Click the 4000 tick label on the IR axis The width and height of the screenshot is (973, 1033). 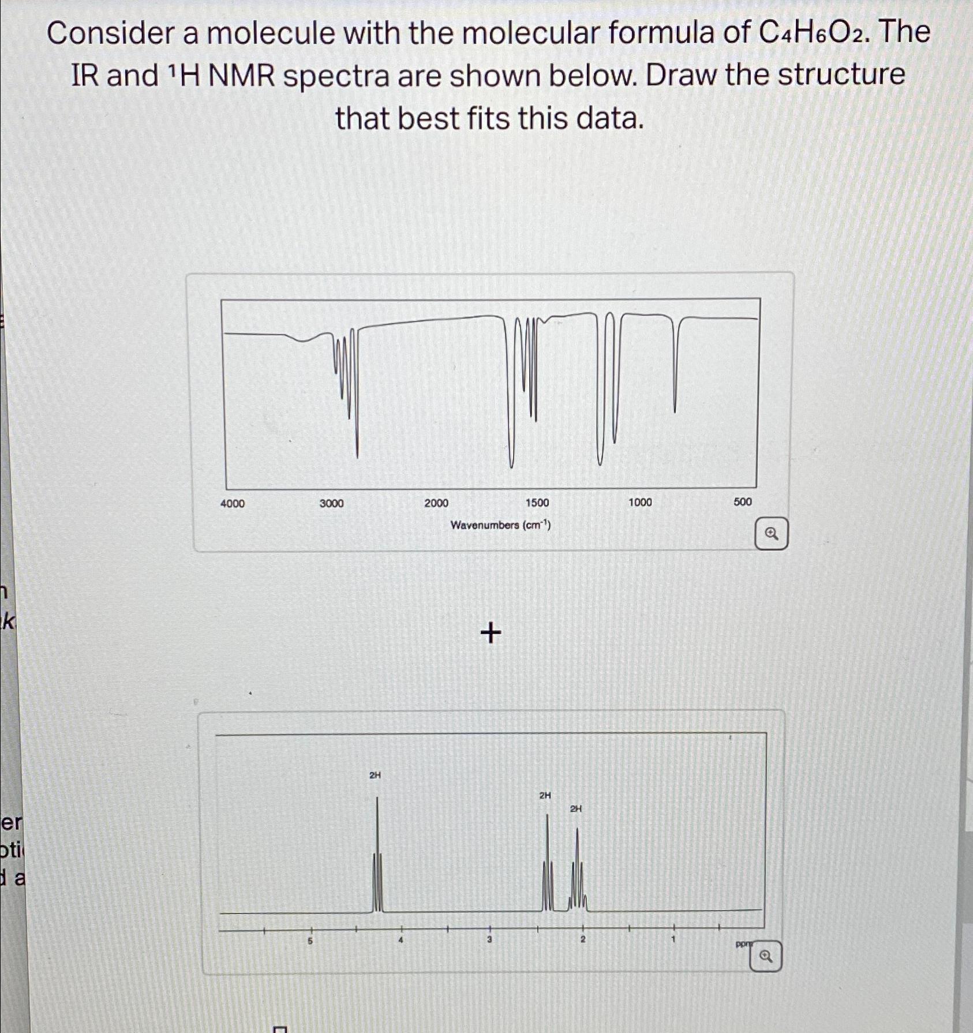click(x=233, y=504)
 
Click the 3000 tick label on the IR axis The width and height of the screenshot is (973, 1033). click(x=332, y=503)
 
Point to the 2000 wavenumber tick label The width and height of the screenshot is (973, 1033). click(x=436, y=503)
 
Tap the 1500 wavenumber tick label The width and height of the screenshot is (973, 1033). click(x=537, y=503)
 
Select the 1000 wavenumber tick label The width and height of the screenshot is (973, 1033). click(x=640, y=502)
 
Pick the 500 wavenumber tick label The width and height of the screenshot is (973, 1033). click(x=743, y=501)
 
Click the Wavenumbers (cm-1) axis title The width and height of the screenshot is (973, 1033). click(x=500, y=525)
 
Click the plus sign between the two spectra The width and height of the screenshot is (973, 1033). click(x=491, y=634)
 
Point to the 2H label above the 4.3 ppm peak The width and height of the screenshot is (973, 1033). click(x=375, y=775)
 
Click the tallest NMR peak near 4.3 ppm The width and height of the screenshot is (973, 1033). click(x=377, y=854)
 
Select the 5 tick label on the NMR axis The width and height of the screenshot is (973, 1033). click(x=310, y=941)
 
